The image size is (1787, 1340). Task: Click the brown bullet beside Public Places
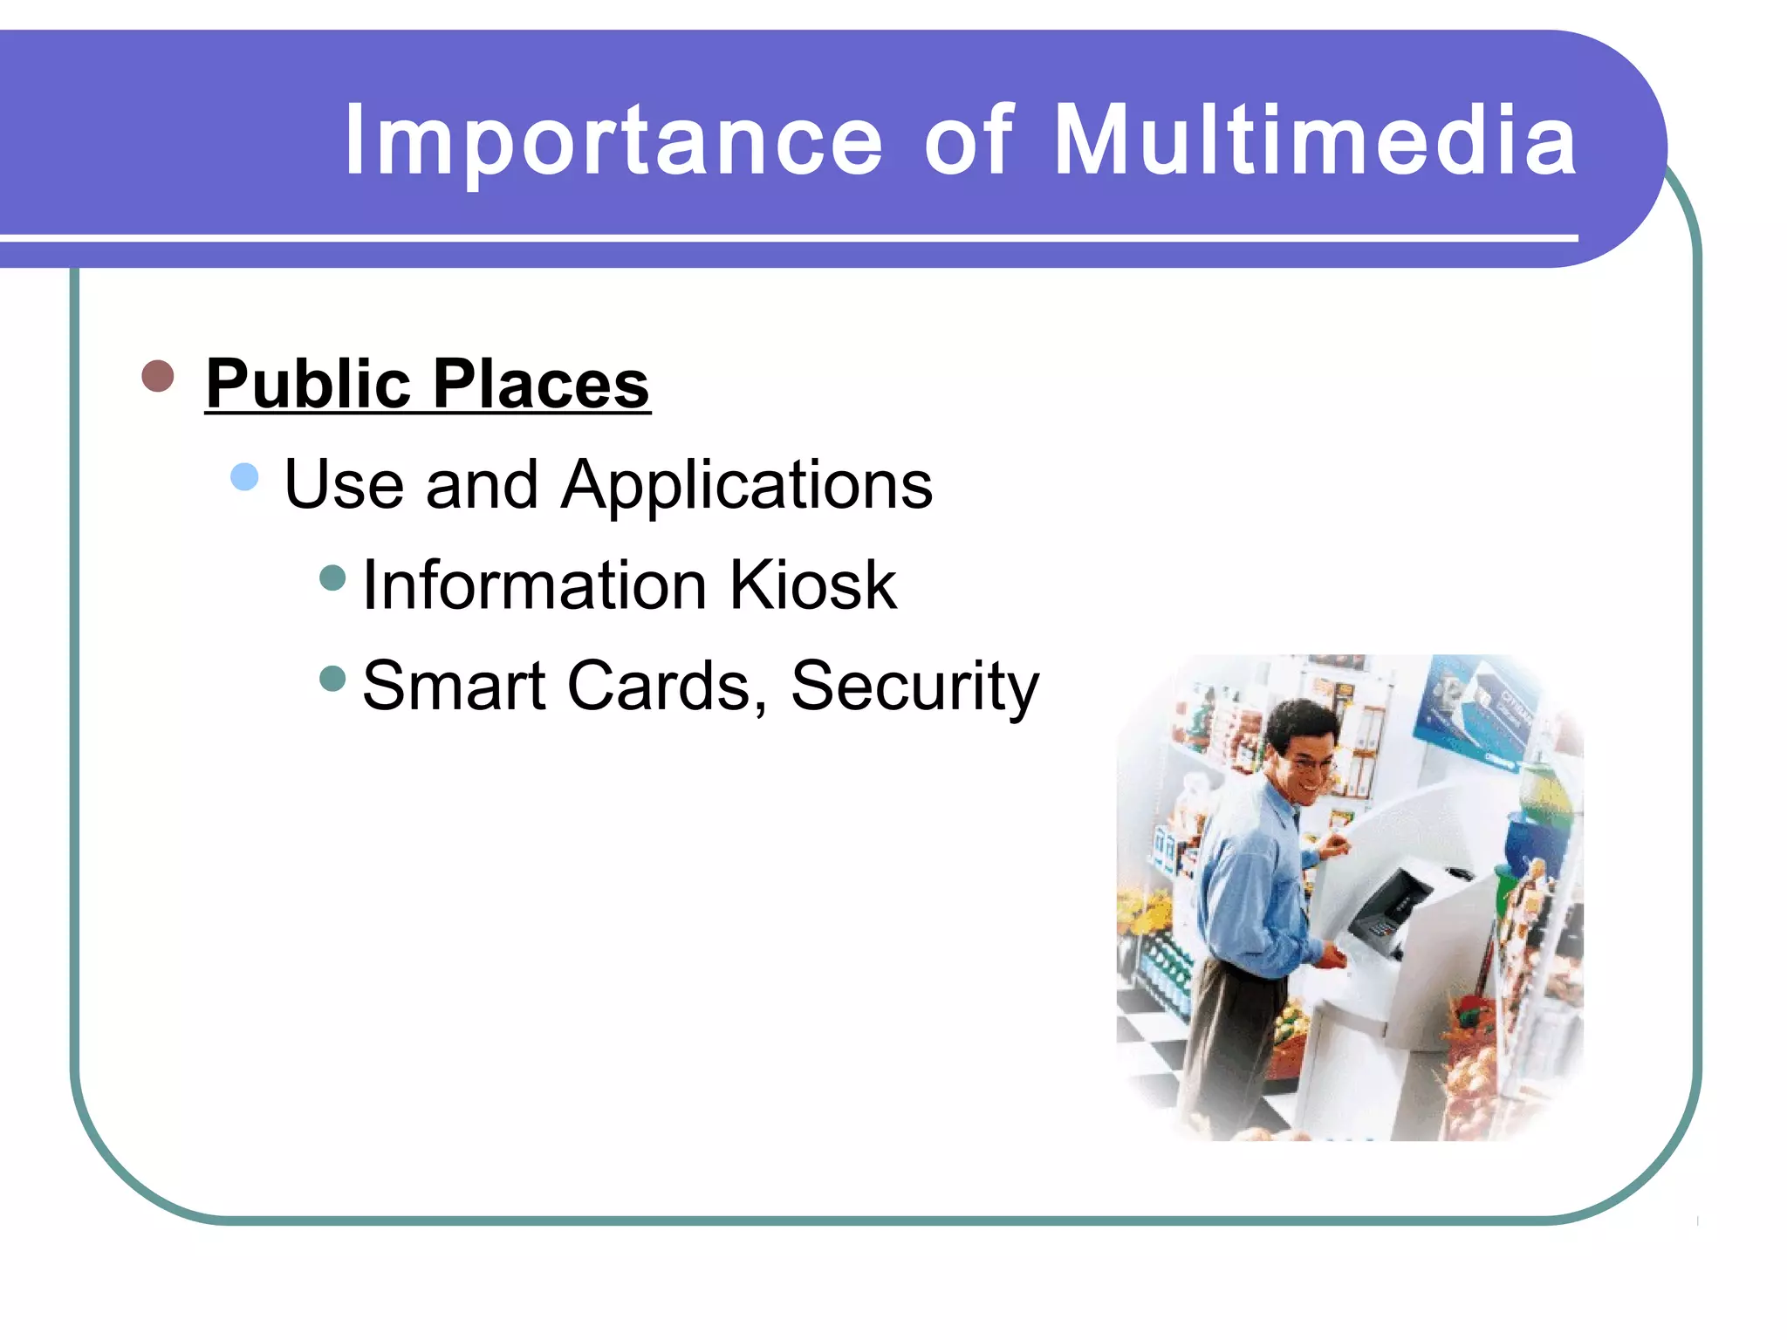(158, 376)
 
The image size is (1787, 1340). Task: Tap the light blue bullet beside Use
(245, 476)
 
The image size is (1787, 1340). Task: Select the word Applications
(747, 485)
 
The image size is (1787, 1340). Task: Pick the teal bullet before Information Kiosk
(333, 578)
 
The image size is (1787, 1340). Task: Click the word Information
(534, 585)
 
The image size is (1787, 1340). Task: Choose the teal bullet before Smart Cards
(333, 678)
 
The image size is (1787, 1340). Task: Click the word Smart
(454, 686)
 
